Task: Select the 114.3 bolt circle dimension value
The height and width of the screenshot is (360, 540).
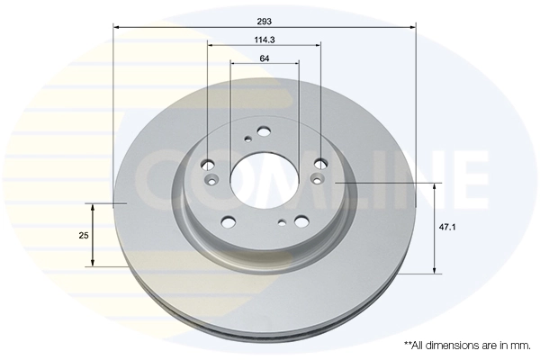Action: point(265,39)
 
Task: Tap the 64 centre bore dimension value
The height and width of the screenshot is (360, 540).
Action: point(265,58)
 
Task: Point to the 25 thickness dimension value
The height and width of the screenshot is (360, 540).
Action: point(84,235)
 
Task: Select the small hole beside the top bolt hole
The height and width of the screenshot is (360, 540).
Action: point(247,139)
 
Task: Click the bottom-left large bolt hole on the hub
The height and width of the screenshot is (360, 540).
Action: point(228,221)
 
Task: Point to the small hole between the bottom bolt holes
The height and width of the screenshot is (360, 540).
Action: point(283,222)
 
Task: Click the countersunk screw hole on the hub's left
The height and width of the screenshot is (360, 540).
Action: point(212,181)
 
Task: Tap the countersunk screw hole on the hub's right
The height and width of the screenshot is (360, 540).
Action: point(316,180)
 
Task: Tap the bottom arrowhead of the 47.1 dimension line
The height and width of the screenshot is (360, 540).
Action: point(436,269)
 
